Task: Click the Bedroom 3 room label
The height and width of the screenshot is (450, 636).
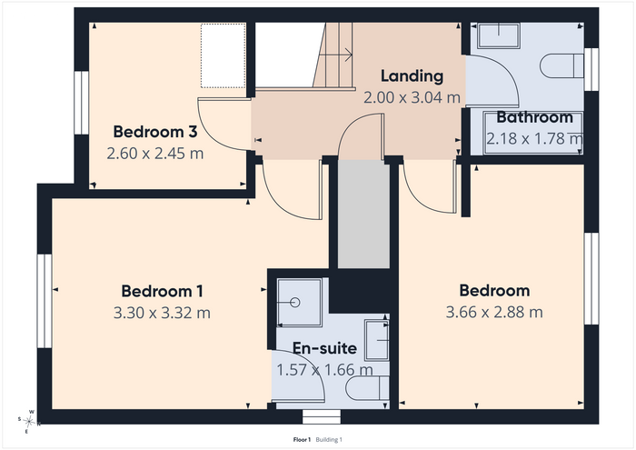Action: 155,132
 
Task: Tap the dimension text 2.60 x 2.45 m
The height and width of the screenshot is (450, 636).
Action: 155,154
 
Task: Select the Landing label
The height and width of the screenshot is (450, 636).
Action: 412,75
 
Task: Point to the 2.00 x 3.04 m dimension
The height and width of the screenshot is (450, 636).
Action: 412,97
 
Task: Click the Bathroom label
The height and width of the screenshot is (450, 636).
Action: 534,117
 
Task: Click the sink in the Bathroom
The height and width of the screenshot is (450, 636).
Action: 499,35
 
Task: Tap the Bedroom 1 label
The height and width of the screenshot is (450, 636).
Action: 162,291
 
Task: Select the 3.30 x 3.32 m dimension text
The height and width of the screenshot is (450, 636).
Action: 162,313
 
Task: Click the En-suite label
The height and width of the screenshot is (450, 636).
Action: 324,348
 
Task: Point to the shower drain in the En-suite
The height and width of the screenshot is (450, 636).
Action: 295,303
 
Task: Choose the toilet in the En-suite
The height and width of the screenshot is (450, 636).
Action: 367,388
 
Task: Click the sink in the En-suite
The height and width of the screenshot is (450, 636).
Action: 377,340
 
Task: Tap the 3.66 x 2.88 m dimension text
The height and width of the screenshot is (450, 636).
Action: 494,312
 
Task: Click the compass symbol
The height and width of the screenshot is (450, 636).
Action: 29,422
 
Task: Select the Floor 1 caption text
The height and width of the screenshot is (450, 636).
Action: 302,440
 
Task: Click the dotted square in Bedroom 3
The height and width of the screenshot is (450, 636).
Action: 224,55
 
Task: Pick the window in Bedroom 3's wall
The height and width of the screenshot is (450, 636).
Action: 82,103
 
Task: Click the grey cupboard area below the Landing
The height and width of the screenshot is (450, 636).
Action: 363,214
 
